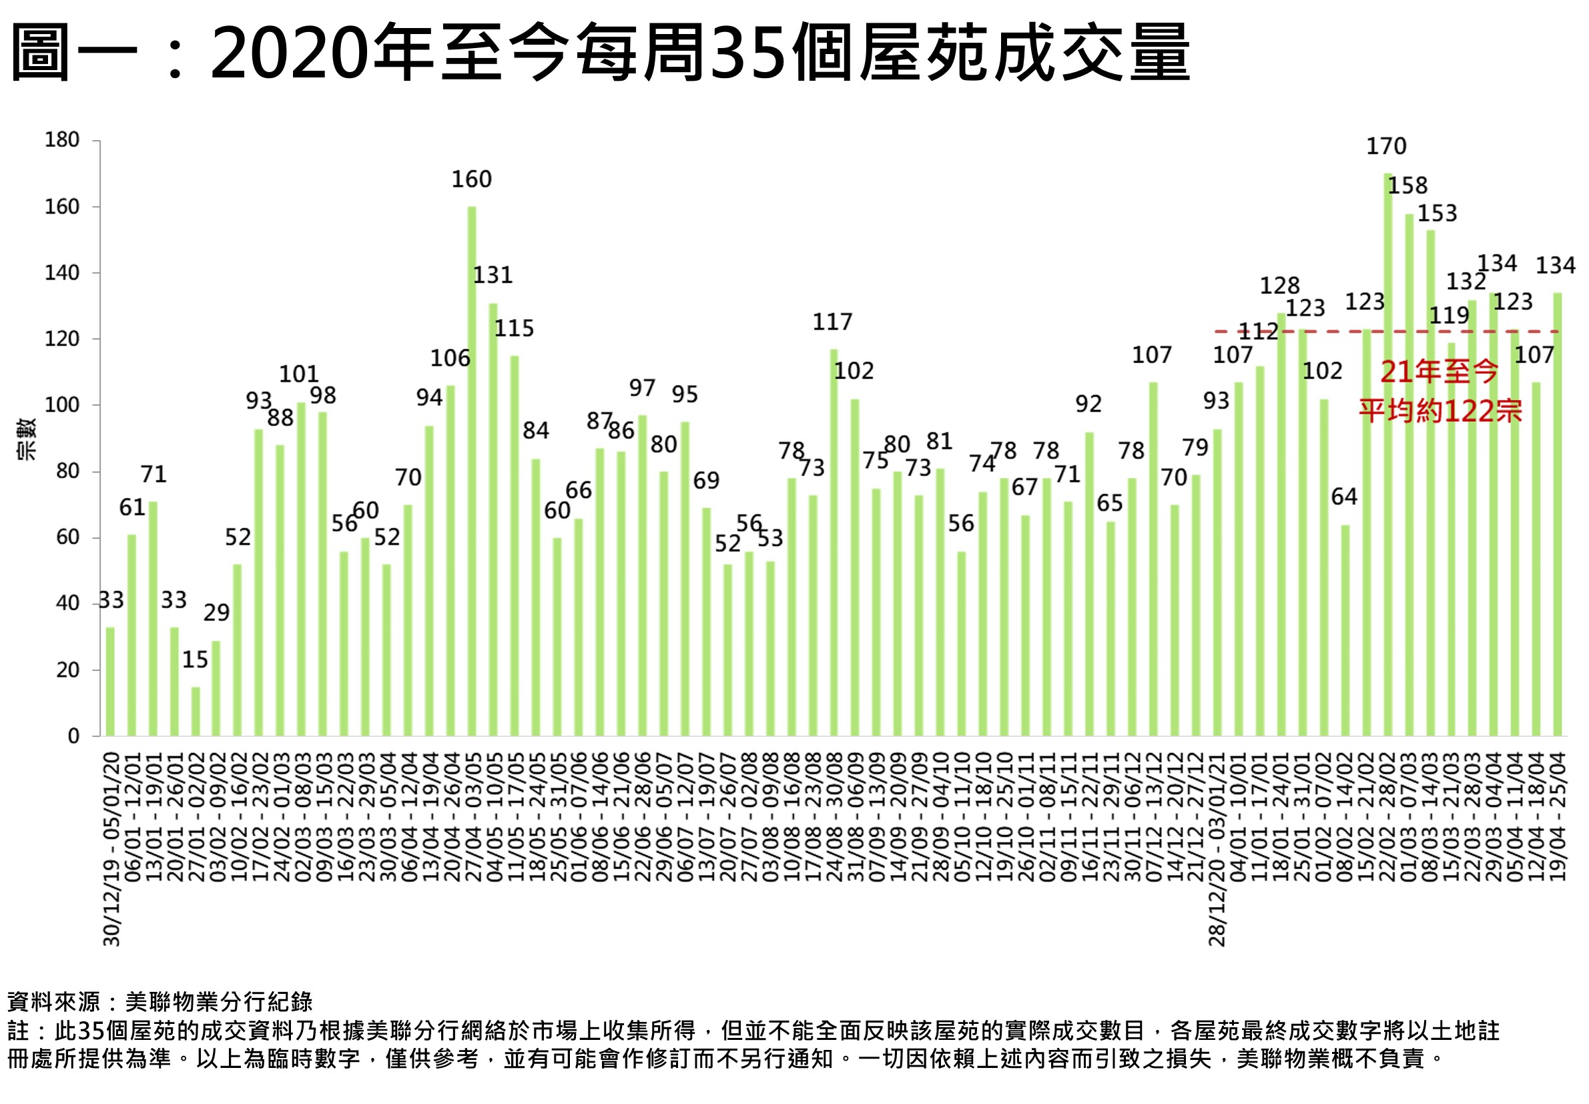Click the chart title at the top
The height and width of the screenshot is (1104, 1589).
(x=599, y=53)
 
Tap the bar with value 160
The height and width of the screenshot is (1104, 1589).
(x=472, y=471)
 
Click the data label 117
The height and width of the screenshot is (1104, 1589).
(x=832, y=322)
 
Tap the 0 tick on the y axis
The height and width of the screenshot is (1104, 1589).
(x=73, y=736)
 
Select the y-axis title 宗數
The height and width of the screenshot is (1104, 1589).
(x=26, y=439)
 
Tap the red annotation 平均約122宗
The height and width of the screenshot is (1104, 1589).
(x=1440, y=412)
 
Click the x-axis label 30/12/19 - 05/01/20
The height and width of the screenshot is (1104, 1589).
(x=112, y=850)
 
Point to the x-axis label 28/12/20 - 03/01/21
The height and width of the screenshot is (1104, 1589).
(x=1217, y=850)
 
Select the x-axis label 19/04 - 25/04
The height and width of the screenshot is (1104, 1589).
(x=1557, y=818)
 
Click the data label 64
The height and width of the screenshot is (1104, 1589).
(x=1343, y=497)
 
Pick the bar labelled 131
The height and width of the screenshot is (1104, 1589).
(x=493, y=519)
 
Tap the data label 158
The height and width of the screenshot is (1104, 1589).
(x=1407, y=186)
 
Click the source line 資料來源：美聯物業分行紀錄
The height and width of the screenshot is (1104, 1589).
(x=160, y=1002)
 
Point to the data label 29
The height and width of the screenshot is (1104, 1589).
(x=216, y=612)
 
